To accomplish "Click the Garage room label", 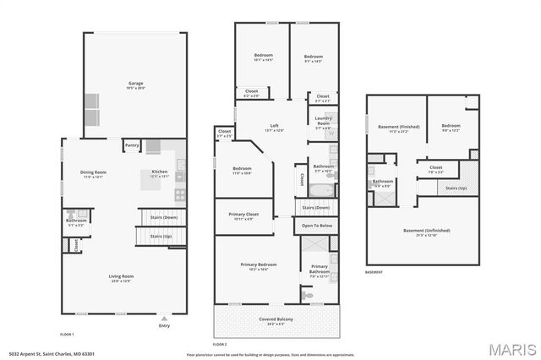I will tap(135, 83).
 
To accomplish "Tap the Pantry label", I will tap(132, 145).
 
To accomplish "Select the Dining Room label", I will tap(93, 172).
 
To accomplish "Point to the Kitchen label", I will tap(160, 172).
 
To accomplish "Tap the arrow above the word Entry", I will tap(164, 320).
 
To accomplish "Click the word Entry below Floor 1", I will tap(164, 328).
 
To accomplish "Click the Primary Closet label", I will tap(244, 215).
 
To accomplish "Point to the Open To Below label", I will tap(315, 226).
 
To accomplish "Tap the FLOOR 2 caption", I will tap(220, 345).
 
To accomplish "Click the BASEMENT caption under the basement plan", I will tap(374, 272).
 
